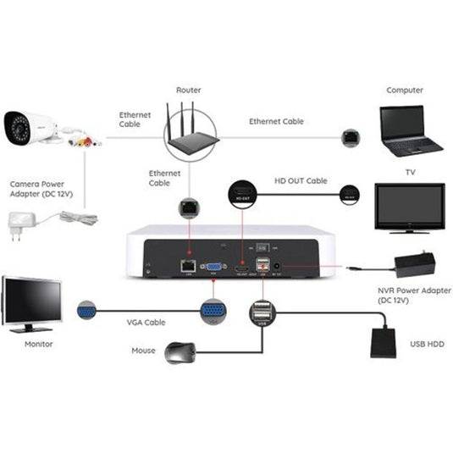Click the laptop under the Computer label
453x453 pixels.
pos(409,131)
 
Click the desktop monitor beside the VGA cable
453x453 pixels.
pos(31,301)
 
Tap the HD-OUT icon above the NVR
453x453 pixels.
pos(242,194)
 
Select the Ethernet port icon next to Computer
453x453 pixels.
pos(349,136)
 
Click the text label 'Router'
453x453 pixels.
pos(189,90)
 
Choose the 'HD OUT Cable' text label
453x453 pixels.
pos(301,180)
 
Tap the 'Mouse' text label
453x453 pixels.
pos(143,350)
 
